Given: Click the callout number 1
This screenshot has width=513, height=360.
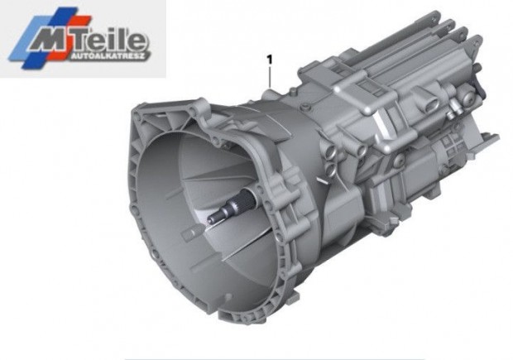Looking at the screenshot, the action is pyautogui.click(x=270, y=60).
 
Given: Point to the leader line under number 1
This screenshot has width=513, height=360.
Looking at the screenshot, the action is pyautogui.click(x=270, y=77).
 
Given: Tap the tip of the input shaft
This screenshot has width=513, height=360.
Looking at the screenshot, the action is pyautogui.click(x=210, y=218).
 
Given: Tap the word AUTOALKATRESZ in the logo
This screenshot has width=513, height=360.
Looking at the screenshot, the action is pyautogui.click(x=108, y=56).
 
